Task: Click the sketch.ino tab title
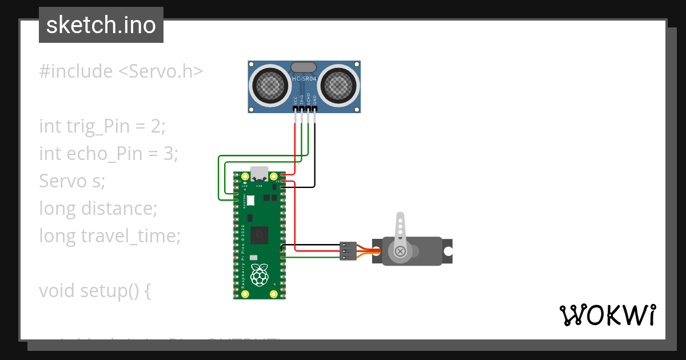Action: tap(101, 25)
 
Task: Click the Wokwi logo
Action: tap(607, 315)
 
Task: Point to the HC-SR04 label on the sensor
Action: tap(304, 78)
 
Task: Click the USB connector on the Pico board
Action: tap(260, 173)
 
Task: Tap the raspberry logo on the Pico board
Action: tap(260, 275)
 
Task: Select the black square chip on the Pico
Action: tap(260, 234)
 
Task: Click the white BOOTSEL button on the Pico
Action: tap(249, 201)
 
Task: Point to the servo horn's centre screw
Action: tap(400, 251)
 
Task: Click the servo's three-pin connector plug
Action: tap(348, 251)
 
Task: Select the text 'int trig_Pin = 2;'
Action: tap(102, 126)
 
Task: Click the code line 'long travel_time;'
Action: tap(110, 235)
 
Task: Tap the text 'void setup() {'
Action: tap(95, 290)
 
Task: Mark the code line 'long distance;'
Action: tap(98, 208)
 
